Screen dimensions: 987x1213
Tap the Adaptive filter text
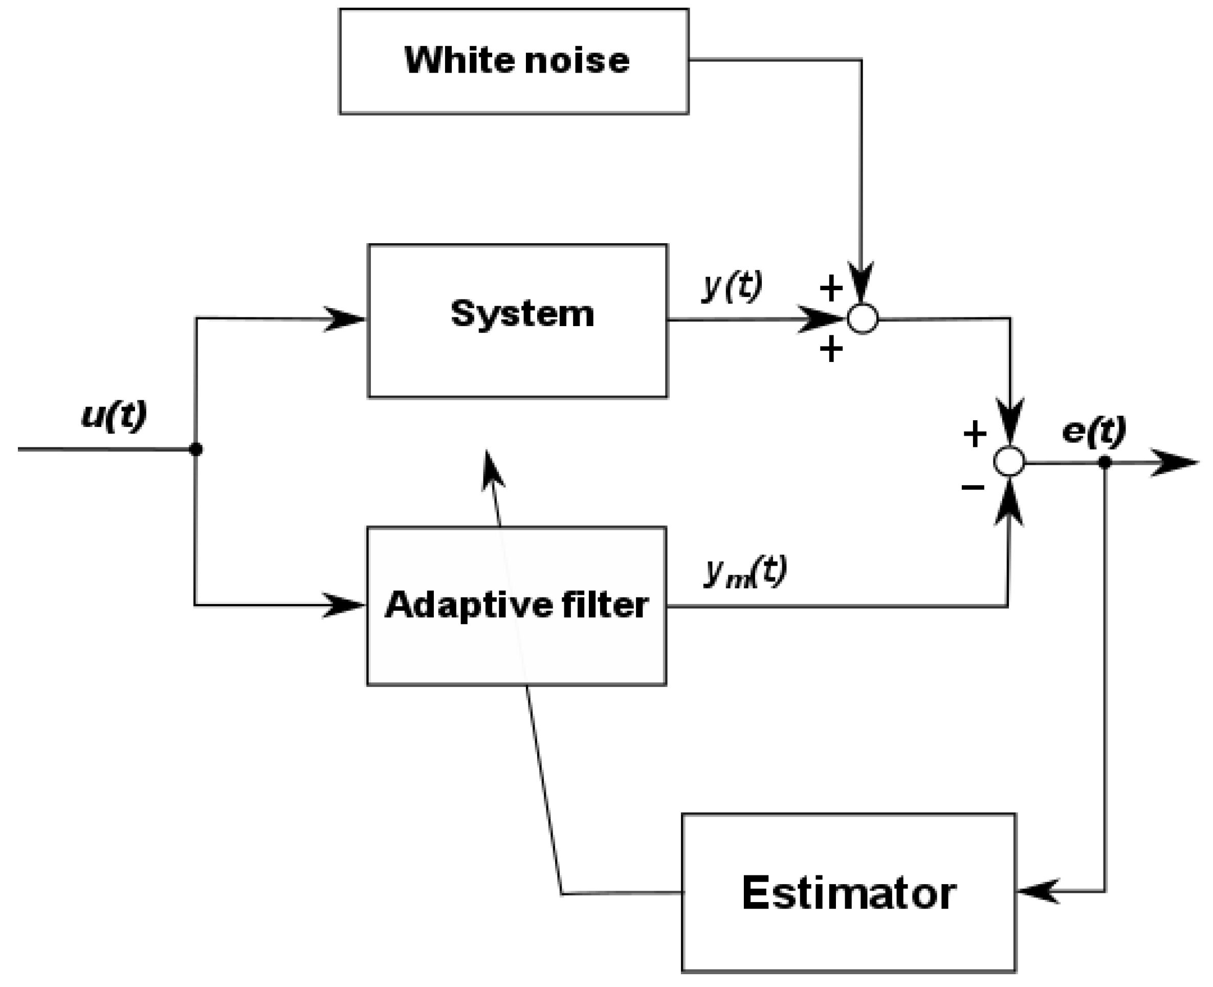point(516,605)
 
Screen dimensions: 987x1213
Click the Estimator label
point(848,894)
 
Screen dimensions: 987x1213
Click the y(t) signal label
point(732,287)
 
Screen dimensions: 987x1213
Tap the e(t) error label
point(1094,431)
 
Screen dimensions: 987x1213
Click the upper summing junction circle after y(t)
point(863,319)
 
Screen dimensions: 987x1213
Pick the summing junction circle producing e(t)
point(1009,461)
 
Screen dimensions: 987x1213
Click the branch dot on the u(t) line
point(196,449)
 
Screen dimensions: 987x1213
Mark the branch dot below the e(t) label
point(1105,463)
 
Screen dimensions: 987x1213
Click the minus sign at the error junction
point(973,487)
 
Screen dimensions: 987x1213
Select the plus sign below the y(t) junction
point(831,349)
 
